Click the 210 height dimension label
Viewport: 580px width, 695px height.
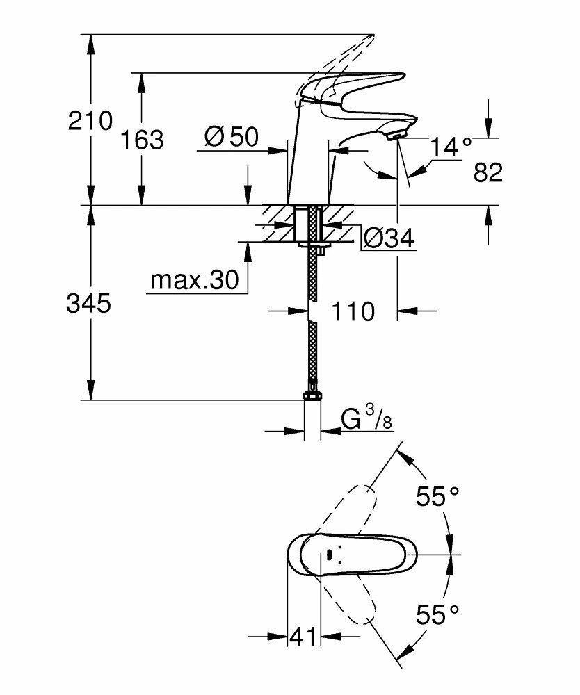tap(90, 121)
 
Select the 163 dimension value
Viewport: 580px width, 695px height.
tap(142, 140)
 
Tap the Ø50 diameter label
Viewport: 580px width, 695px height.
tap(231, 138)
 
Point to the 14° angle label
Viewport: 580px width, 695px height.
tap(450, 147)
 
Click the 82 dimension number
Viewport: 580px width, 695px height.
tap(488, 172)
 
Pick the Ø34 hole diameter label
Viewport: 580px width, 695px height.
tap(389, 239)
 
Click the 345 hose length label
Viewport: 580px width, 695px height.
tap(88, 303)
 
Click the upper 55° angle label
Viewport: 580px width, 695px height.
tap(437, 496)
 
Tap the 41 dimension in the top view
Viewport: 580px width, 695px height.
tap(303, 636)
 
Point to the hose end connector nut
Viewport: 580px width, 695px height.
tap(313, 397)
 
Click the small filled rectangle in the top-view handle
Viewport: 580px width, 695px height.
tap(324, 555)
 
